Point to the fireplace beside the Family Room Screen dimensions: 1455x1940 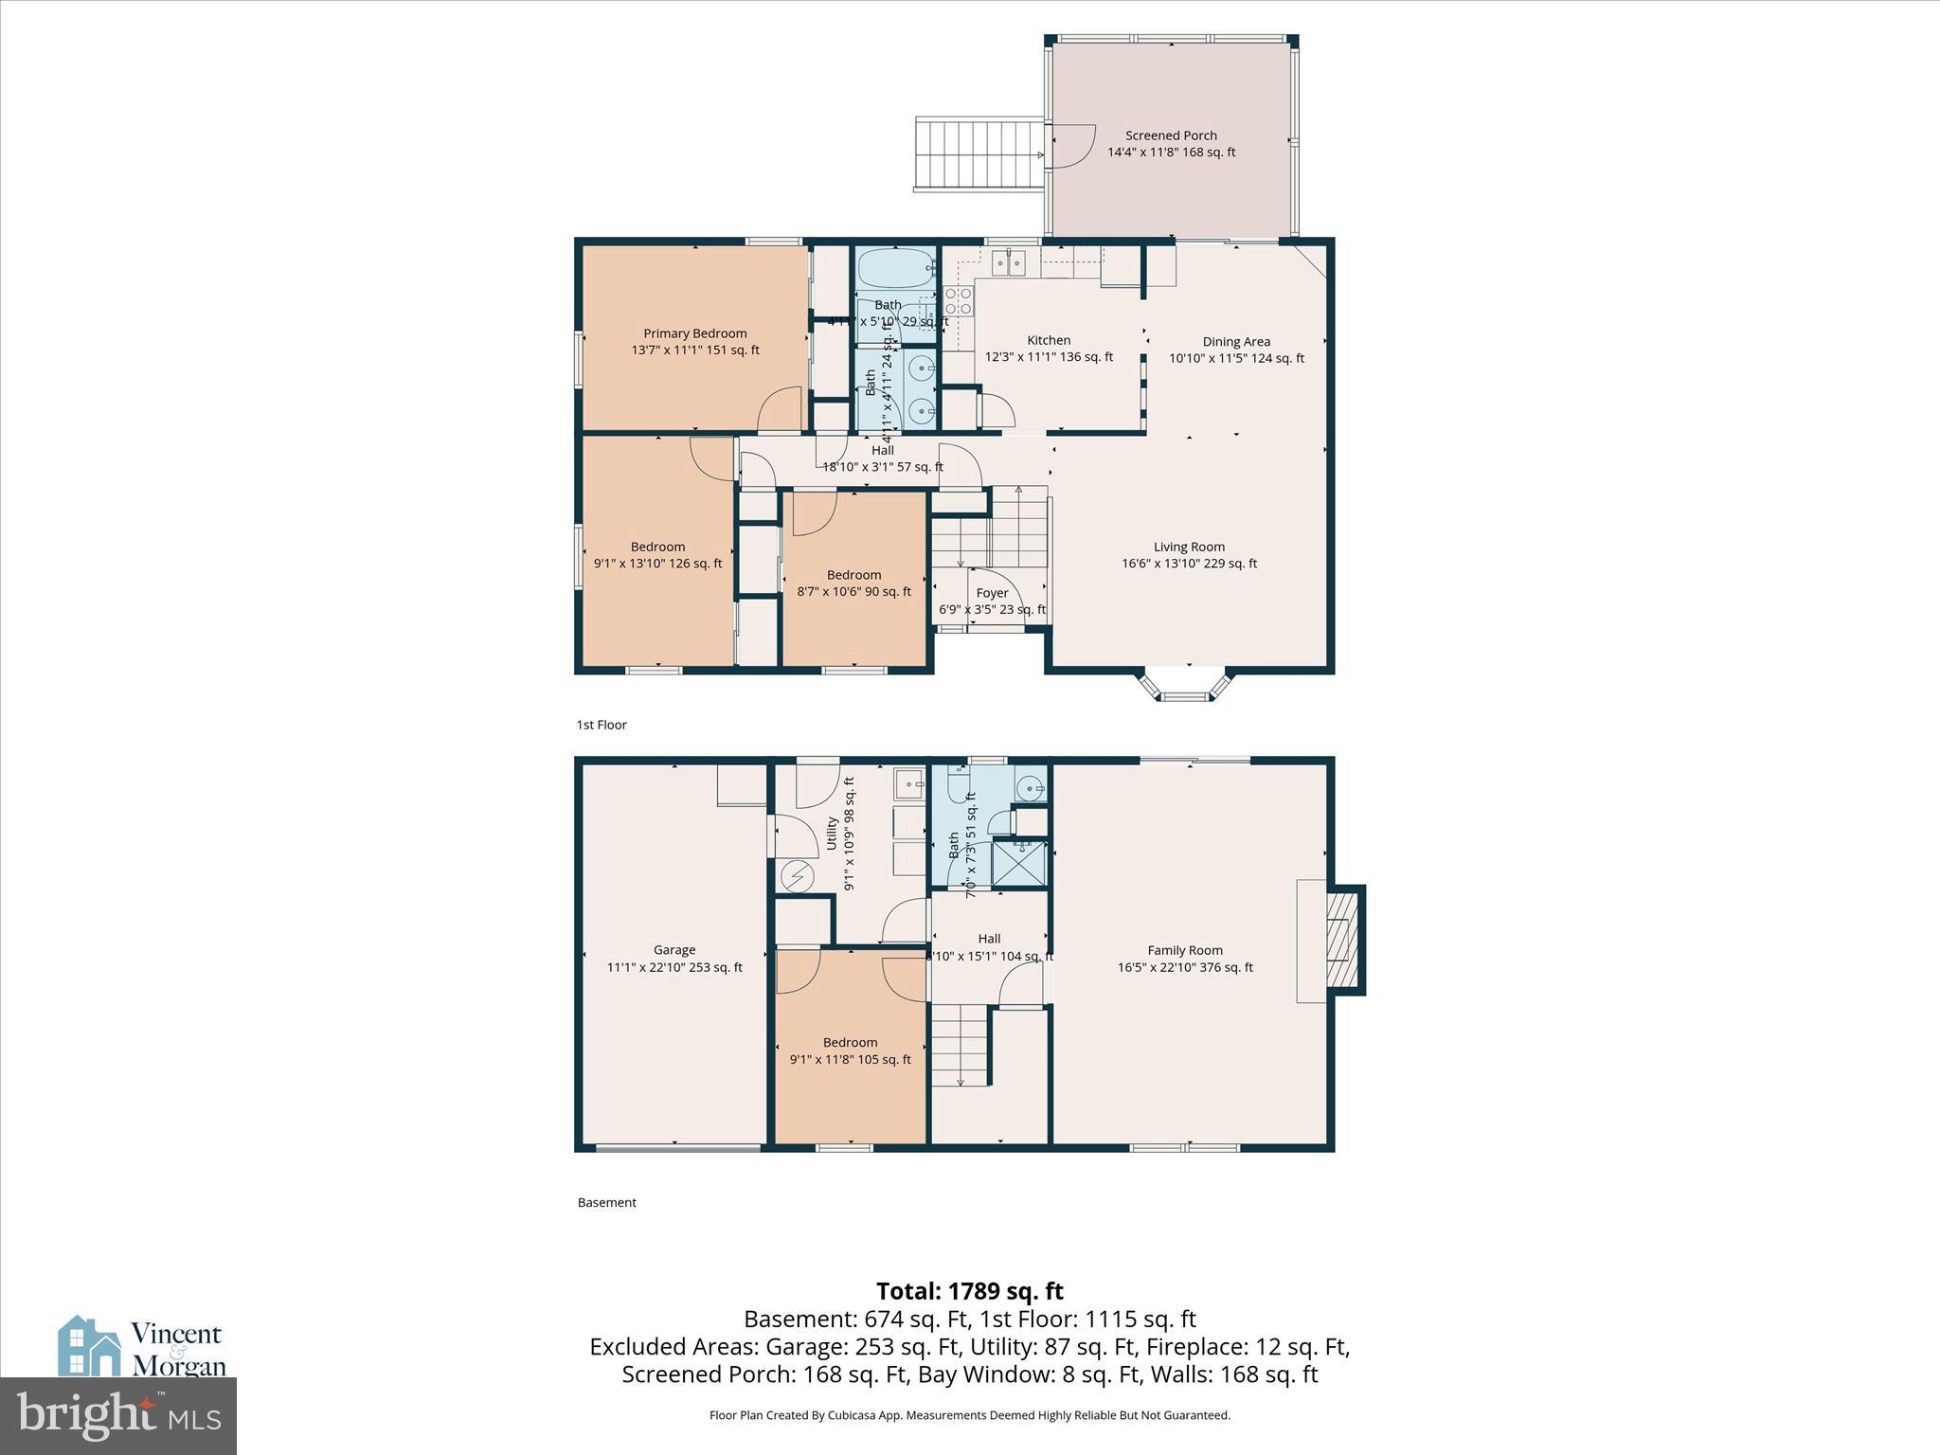click(x=1343, y=940)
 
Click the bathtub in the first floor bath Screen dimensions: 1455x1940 click(x=894, y=269)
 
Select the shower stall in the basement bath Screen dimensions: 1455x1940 click(x=1019, y=864)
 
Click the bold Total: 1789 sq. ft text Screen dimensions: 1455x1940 click(x=969, y=1291)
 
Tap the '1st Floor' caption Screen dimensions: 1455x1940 click(x=602, y=725)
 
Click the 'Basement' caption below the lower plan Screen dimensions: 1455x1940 click(x=606, y=1202)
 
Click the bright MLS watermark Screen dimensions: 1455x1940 click(x=118, y=1415)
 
